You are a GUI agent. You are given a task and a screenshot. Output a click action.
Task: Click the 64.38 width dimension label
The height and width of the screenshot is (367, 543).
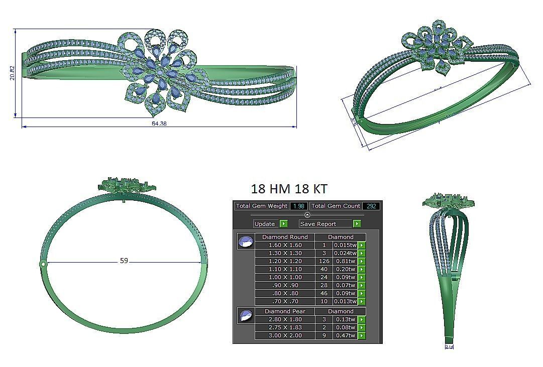pyautogui.click(x=159, y=124)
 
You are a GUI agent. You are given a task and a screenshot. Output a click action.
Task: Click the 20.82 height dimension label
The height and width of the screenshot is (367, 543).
pyautogui.click(x=12, y=73)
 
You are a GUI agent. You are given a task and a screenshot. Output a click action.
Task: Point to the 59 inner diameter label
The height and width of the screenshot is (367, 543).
pyautogui.click(x=124, y=261)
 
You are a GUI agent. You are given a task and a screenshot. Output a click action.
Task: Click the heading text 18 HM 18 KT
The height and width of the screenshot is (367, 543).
pyautogui.click(x=289, y=189)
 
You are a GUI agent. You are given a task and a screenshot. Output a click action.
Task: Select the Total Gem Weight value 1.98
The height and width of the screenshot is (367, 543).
pyautogui.click(x=298, y=206)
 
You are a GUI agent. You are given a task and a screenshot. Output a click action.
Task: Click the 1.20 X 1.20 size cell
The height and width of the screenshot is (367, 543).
pyautogui.click(x=285, y=261)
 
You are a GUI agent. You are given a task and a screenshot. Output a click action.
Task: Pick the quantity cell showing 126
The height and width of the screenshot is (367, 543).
pyautogui.click(x=324, y=261)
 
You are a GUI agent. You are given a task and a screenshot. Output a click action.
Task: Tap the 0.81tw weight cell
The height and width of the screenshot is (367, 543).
pyautogui.click(x=345, y=261)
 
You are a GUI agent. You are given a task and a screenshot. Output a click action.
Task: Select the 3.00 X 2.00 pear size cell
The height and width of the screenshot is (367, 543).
pyautogui.click(x=285, y=335)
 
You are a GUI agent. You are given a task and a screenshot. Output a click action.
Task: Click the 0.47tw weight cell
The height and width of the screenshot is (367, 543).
pyautogui.click(x=345, y=335)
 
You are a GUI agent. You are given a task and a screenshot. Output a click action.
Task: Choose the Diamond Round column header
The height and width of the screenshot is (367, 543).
pyautogui.click(x=285, y=237)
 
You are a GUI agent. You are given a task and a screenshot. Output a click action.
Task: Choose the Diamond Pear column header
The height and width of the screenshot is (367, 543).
pyautogui.click(x=285, y=311)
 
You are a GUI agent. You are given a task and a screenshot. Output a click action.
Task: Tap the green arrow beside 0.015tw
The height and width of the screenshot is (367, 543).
pyautogui.click(x=362, y=245)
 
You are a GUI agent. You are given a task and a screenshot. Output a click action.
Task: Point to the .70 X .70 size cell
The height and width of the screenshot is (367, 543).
pyautogui.click(x=285, y=301)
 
